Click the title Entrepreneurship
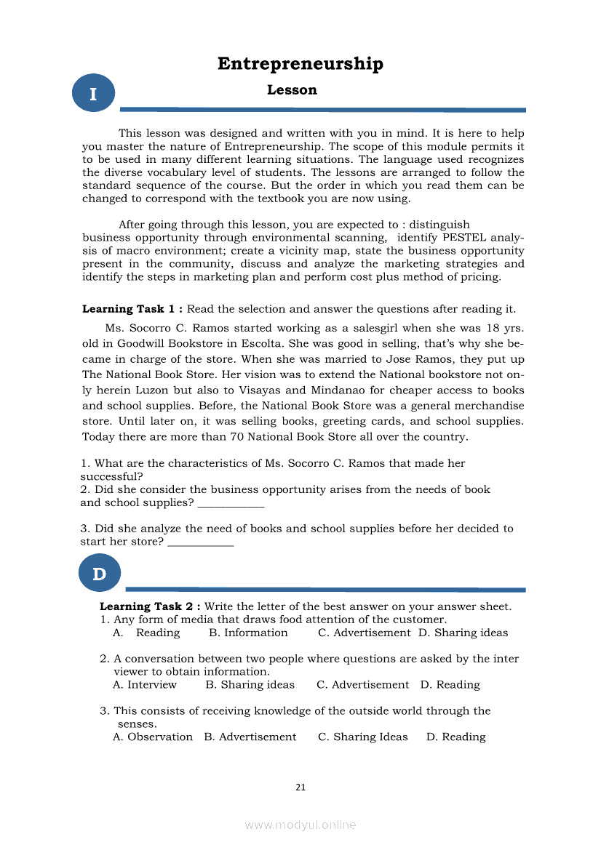tap(300, 64)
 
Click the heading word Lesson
tap(292, 90)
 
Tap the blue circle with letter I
tap(93, 94)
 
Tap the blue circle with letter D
tap(99, 574)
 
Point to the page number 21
tap(300, 787)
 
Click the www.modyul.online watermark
tap(300, 825)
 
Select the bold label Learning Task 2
tap(149, 606)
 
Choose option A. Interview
tap(145, 685)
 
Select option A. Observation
tap(153, 737)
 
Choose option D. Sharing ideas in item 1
tap(463, 633)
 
